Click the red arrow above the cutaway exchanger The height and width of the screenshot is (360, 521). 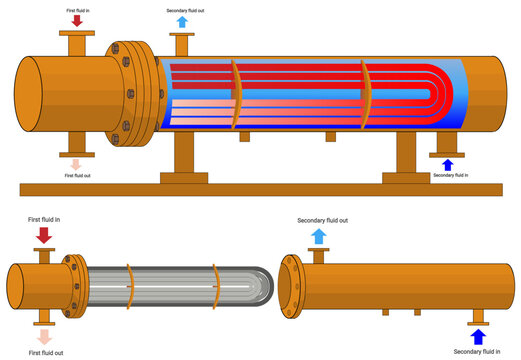pos(77,20)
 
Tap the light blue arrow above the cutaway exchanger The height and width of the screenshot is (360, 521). pos(181,22)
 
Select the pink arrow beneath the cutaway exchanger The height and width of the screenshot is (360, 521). pos(77,163)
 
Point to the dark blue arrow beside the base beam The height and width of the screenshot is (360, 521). pos(447,164)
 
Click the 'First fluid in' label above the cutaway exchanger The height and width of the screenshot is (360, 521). pos(77,8)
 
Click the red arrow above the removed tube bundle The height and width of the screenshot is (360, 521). pos(43,234)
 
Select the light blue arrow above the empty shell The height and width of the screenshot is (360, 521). pos(318,236)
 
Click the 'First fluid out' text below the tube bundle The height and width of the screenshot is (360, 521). pos(46,353)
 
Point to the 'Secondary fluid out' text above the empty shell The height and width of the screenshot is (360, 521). pos(323,220)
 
